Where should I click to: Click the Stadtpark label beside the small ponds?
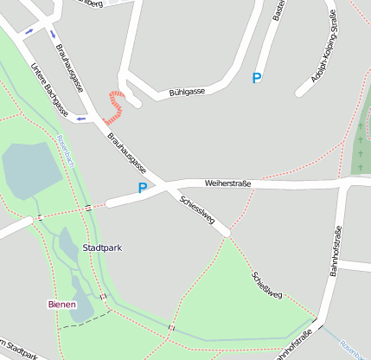pyautogui.click(x=101, y=248)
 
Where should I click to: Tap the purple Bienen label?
pyautogui.click(x=61, y=304)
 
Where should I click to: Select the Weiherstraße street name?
pyautogui.click(x=227, y=183)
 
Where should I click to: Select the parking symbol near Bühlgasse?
pyautogui.click(x=256, y=79)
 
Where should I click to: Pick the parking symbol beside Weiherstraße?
pyautogui.click(x=143, y=187)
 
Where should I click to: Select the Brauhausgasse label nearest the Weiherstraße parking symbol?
pyautogui.click(x=127, y=152)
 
